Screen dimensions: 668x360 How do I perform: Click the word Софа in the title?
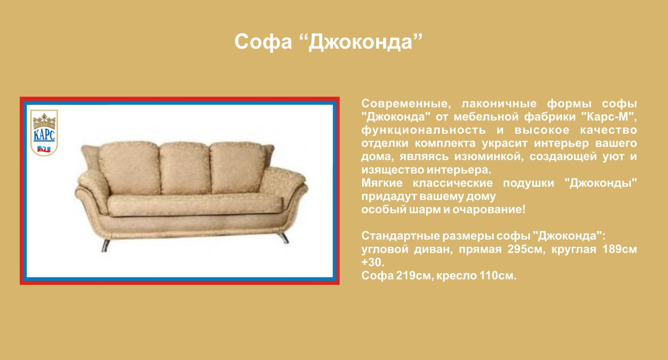click(263, 42)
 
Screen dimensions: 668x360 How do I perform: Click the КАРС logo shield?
click(44, 133)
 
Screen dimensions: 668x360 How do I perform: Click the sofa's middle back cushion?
click(185, 169)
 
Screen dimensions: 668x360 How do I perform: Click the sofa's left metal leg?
click(105, 246)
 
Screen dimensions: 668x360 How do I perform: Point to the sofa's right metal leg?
click(284, 238)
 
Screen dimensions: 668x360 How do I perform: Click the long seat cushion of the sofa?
click(195, 205)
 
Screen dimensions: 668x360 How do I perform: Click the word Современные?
click(406, 104)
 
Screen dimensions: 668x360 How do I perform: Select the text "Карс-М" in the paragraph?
click(608, 116)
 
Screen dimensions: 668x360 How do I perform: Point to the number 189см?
click(620, 249)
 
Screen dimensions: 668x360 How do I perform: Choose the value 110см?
click(497, 276)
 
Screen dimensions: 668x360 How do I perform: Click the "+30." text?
click(373, 263)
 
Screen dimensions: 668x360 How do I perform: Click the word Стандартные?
click(400, 236)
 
